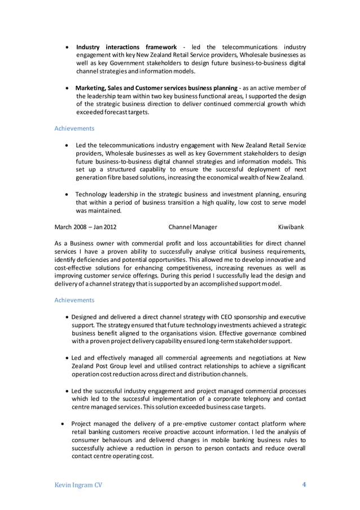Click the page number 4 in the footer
pyautogui.click(x=303, y=484)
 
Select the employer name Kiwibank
pyautogui.click(x=291, y=227)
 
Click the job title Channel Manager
pyautogui.click(x=192, y=227)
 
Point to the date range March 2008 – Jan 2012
pyautogui.click(x=85, y=227)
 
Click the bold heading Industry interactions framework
pyautogui.click(x=126, y=46)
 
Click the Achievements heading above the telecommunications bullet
pyautogui.click(x=74, y=129)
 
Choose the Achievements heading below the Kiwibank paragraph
pyautogui.click(x=74, y=300)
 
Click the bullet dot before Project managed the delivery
pyautogui.click(x=62, y=423)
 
